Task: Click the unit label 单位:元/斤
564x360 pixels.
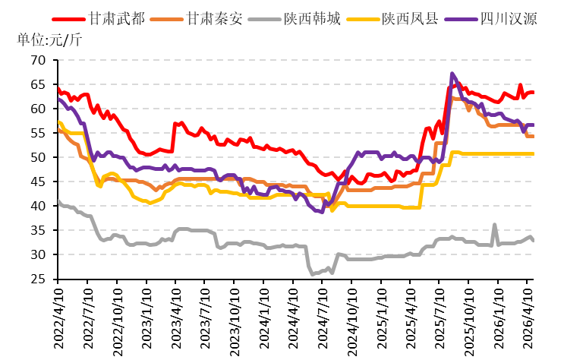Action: coord(49,39)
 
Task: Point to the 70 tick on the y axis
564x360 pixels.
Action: coord(38,60)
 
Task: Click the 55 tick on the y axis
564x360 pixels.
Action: coord(38,133)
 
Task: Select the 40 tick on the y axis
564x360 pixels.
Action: coord(38,206)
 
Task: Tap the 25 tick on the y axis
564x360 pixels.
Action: coord(38,279)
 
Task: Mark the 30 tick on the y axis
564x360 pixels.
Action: coord(38,254)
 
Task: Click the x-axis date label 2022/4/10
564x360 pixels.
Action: coord(58,318)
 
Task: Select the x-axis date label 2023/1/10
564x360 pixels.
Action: coord(147,318)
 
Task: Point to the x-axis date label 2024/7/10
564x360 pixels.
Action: coord(323,318)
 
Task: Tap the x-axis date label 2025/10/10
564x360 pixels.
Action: coord(469,322)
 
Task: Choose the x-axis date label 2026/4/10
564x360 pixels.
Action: coord(528,318)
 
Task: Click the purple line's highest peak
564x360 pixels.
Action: coord(452,74)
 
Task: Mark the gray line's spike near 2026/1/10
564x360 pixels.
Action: coord(495,225)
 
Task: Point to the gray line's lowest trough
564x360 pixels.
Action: coord(312,274)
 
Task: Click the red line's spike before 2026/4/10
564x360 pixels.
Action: coord(520,85)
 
